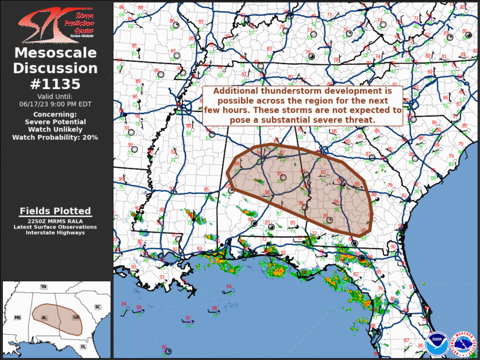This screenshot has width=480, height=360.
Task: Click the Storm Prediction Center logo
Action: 55,22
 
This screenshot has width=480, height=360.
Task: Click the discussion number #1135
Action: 55,84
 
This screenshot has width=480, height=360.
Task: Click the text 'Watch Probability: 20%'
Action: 55,137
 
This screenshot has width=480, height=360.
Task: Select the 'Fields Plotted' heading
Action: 55,211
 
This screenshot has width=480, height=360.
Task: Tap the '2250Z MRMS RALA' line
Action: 55,221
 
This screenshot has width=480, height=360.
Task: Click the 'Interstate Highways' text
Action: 55,233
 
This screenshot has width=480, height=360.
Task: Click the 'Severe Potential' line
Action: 55,122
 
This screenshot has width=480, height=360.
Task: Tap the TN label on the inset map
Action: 43,287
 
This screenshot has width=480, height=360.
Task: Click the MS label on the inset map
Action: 18,318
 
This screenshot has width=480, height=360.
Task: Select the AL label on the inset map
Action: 44,318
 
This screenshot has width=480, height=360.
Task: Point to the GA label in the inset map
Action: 76,318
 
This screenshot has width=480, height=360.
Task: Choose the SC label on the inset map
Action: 98,307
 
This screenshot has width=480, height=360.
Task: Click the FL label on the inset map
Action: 83,346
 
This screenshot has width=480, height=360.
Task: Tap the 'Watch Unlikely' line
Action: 55,130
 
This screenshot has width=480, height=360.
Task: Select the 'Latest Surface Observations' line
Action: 55,227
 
